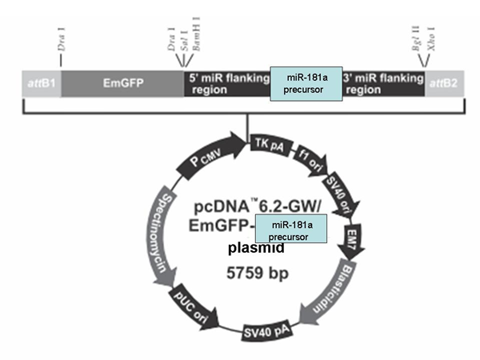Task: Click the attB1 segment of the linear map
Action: [x=42, y=83]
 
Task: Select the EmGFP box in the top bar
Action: [x=122, y=83]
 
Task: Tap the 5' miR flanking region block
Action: [x=227, y=83]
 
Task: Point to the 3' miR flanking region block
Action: [x=383, y=83]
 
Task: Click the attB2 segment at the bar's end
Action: [x=445, y=83]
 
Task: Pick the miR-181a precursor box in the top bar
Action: [x=306, y=83]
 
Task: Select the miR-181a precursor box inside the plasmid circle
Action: [x=291, y=229]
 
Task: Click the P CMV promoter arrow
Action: [x=211, y=156]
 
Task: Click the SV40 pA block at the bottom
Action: [x=266, y=330]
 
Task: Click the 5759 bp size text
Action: [x=258, y=273]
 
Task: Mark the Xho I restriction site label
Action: [x=431, y=39]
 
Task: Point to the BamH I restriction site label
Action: [x=196, y=34]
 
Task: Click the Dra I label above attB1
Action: [x=62, y=39]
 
